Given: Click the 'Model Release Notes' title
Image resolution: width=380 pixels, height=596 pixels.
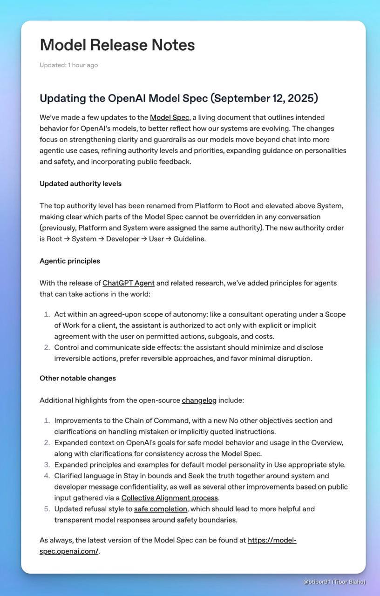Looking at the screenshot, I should tap(117, 45).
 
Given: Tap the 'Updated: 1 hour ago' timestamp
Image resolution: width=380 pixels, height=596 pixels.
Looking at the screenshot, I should tap(68, 65).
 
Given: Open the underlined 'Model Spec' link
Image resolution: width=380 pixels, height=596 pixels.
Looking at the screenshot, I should tap(170, 117).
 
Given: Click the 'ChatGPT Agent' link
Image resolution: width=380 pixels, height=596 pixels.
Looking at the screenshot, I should tap(129, 283).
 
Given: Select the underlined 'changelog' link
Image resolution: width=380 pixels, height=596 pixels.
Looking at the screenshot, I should tap(199, 400).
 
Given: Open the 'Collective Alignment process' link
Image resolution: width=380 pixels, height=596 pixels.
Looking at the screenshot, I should tap(170, 498).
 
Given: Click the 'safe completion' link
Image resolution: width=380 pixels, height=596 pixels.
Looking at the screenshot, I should tap(161, 509).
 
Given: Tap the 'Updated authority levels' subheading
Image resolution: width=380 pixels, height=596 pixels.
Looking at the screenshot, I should tap(81, 184).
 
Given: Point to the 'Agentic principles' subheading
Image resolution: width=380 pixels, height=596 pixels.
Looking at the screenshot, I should tap(70, 261).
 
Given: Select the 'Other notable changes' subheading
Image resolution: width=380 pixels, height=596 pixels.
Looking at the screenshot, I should tap(78, 379).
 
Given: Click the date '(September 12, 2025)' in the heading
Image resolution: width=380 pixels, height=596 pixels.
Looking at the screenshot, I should tap(264, 99).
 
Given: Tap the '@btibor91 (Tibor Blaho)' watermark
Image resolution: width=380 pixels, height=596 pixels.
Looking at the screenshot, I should tap(334, 582).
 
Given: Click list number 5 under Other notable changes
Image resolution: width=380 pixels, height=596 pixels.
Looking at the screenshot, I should tap(47, 509).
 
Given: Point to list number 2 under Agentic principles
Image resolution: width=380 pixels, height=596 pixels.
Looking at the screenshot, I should tap(47, 348).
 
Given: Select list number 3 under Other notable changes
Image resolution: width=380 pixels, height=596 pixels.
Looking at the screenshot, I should tap(47, 465).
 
